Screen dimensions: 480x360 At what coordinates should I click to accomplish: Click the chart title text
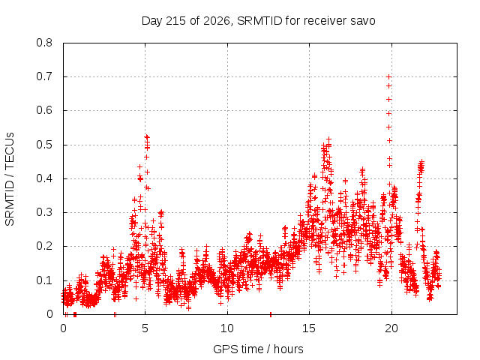click(258, 21)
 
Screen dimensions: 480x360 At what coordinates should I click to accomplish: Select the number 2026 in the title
click(217, 21)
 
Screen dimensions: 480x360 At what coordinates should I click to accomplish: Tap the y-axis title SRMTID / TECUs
click(10, 179)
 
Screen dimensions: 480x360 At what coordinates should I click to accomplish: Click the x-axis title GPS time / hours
click(258, 349)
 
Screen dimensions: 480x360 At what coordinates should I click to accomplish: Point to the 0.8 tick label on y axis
click(44, 43)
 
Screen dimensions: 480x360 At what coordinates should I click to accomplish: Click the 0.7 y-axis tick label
click(44, 76)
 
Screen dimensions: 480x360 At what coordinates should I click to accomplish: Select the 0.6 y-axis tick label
click(44, 110)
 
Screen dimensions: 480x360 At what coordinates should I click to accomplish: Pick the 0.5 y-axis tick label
click(44, 145)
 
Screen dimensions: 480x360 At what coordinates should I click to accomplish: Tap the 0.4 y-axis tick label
click(44, 178)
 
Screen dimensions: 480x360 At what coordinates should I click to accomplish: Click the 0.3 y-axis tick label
click(44, 212)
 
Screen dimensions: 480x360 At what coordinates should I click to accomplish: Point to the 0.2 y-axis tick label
click(44, 246)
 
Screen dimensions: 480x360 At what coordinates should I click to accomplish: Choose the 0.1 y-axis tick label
click(44, 280)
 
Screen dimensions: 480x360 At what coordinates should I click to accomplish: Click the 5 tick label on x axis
click(145, 328)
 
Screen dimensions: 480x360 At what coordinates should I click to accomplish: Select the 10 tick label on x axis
click(227, 328)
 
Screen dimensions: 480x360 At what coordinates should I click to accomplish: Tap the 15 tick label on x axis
click(309, 328)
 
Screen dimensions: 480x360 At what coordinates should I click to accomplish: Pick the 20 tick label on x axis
click(391, 328)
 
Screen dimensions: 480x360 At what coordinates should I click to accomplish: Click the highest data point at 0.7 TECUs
click(389, 76)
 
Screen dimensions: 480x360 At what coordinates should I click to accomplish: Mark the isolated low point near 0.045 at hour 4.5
click(136, 298)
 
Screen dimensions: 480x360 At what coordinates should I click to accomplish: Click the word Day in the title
click(151, 22)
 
